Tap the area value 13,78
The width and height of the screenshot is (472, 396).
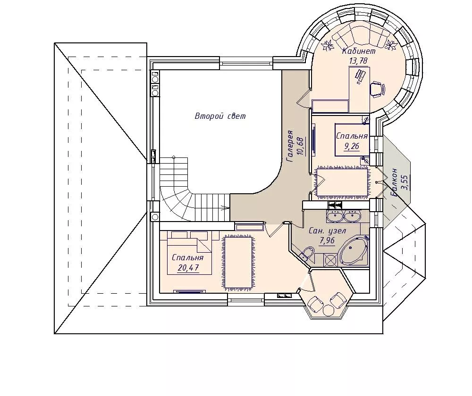coord(358,61)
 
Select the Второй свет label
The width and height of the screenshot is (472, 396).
coord(220,116)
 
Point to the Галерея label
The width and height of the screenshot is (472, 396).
coord(290,146)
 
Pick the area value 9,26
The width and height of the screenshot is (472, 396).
coord(352,147)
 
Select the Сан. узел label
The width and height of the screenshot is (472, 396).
coord(328,231)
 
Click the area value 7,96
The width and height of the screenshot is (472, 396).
coord(328,240)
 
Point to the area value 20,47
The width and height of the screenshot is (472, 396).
coord(188,267)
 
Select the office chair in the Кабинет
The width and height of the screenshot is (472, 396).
coord(377,89)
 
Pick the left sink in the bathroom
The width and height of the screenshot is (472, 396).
coord(335,215)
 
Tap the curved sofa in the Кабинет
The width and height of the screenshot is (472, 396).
coord(359,36)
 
